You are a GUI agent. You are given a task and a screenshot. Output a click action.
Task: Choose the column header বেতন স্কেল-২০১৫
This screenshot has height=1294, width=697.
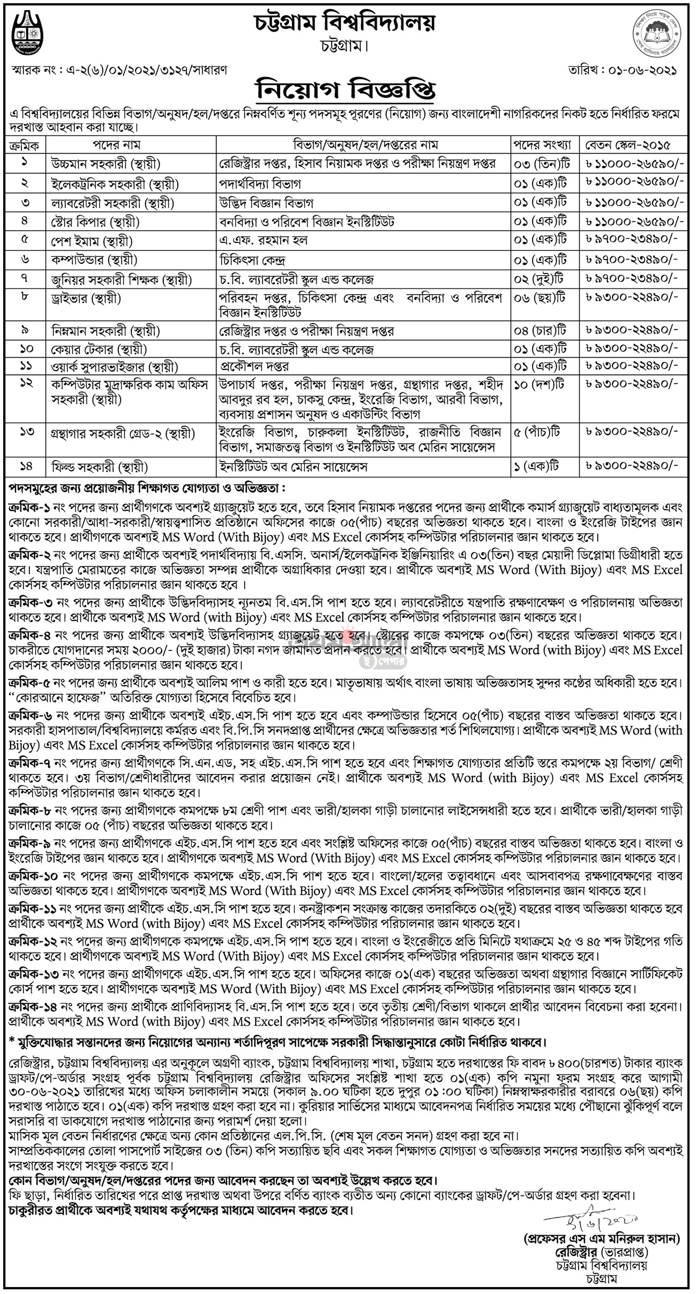(x=635, y=145)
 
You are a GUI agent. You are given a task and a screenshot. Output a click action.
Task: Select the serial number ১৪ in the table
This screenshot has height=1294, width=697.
(x=25, y=467)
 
